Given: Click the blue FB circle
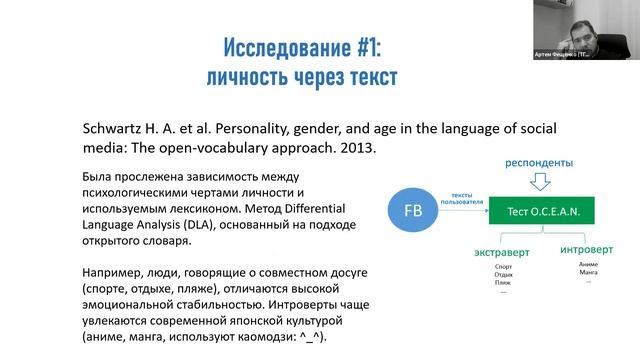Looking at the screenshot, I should [412, 212].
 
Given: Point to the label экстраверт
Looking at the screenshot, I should [503, 254].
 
